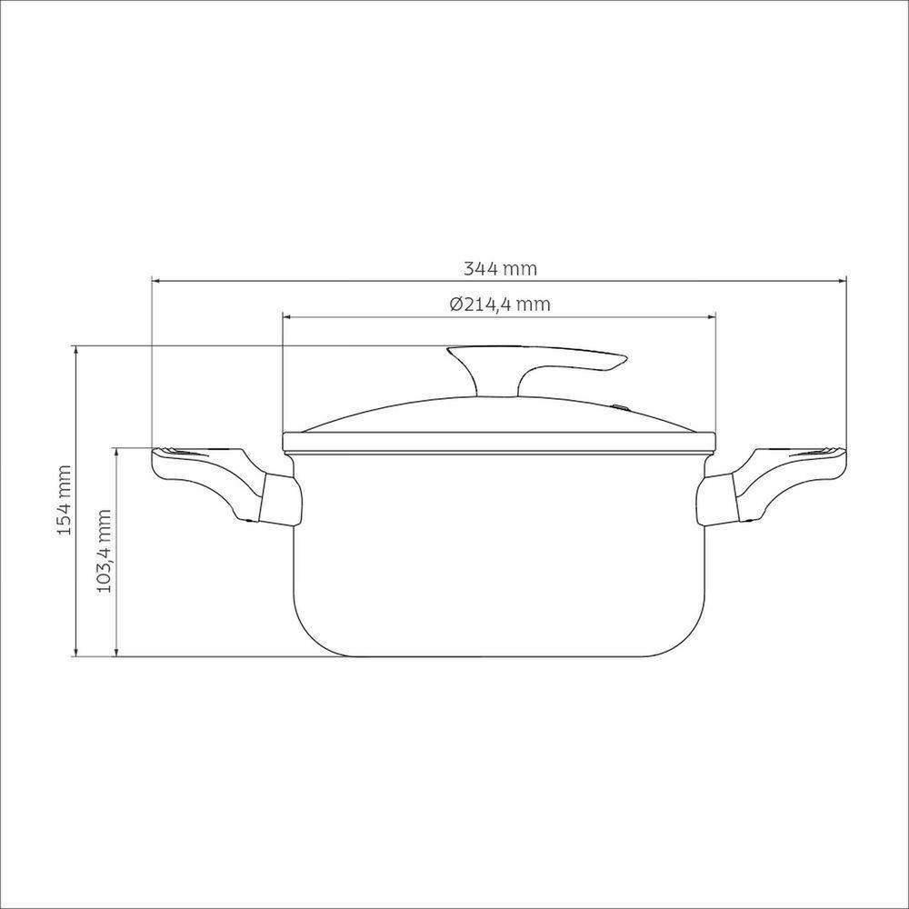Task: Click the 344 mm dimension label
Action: point(500,269)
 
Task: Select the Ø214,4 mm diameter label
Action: point(500,305)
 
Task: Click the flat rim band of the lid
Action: point(497,443)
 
